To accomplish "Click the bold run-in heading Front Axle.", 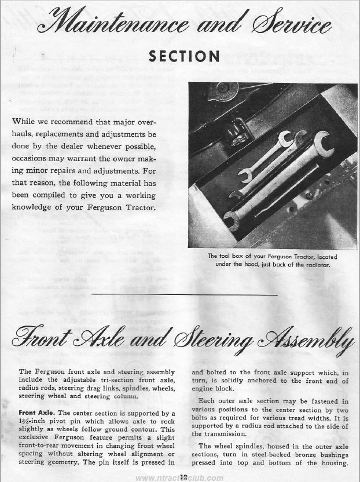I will coord(34,413).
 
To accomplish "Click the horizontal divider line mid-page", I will coord(179,296).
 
